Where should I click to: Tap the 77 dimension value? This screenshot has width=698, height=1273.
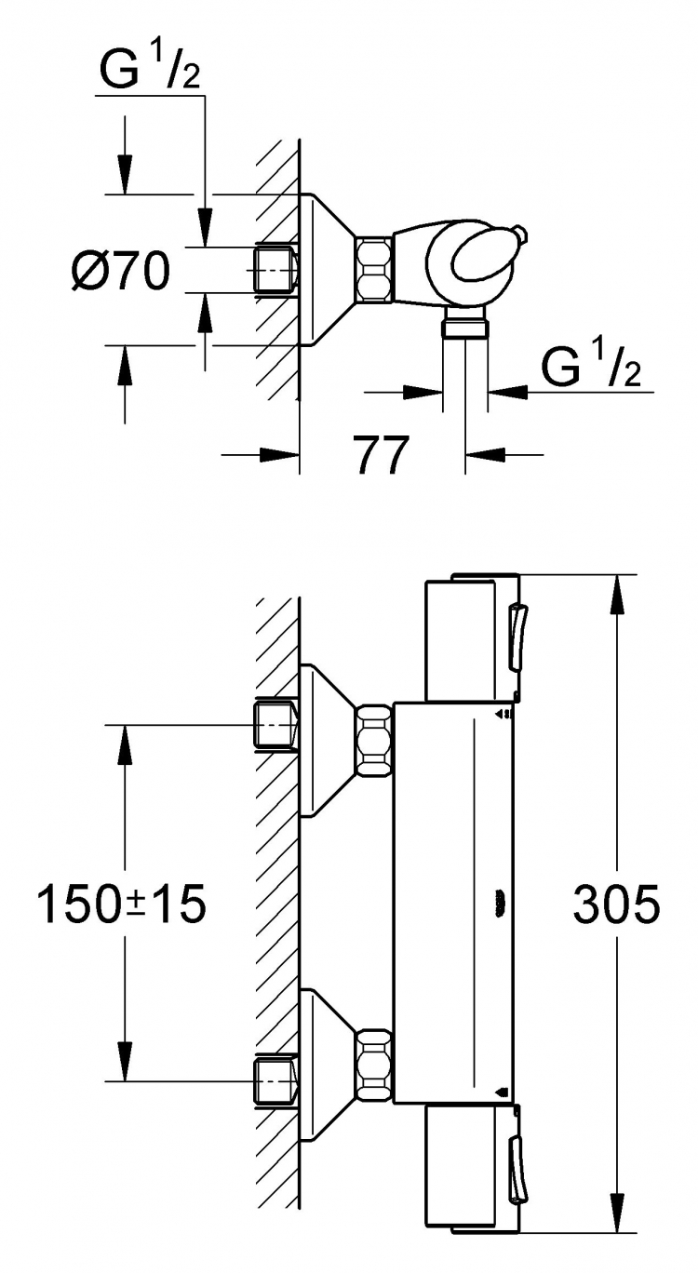[x=381, y=455]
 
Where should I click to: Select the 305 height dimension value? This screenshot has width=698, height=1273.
[x=616, y=903]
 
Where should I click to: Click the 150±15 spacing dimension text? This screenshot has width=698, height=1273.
[x=121, y=904]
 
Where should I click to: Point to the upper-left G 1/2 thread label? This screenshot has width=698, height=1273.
[x=150, y=68]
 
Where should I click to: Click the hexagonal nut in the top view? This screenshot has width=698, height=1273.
[x=374, y=268]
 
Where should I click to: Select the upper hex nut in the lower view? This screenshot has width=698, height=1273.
[x=374, y=740]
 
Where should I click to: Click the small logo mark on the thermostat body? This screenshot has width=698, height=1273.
[x=500, y=902]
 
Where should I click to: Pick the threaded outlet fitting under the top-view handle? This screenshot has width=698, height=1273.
[x=465, y=323]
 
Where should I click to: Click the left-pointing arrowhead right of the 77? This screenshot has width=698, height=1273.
[x=485, y=455]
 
